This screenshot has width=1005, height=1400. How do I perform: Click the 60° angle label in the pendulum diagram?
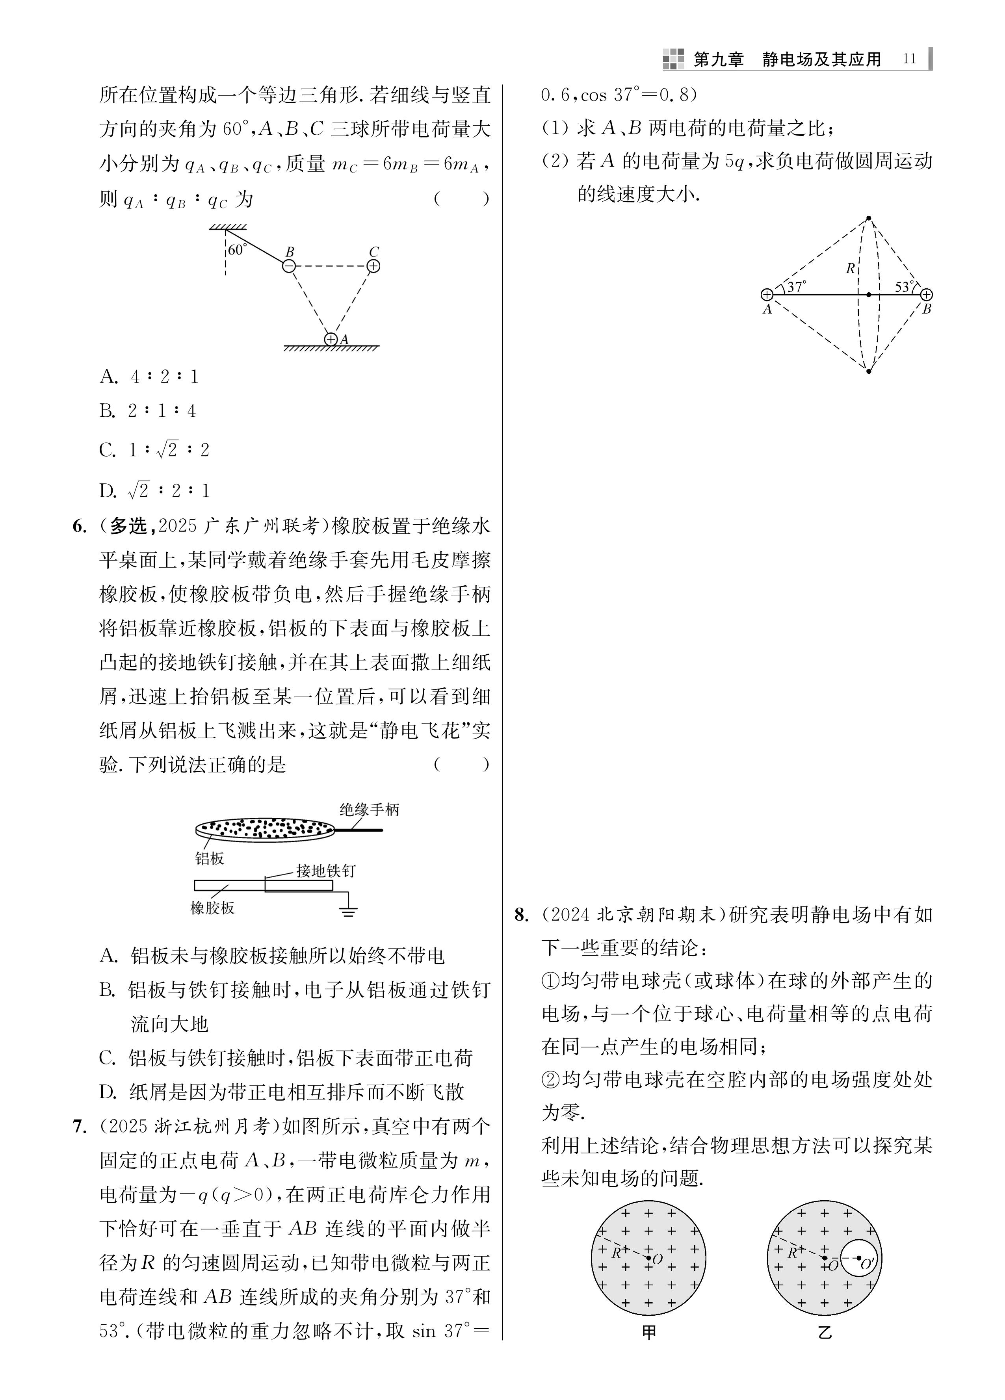point(237,249)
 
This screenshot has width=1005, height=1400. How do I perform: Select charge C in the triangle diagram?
point(373,266)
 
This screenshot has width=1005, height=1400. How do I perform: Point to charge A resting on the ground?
point(331,339)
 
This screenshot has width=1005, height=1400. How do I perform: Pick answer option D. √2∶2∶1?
point(155,491)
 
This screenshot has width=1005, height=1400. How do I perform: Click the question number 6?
point(80,527)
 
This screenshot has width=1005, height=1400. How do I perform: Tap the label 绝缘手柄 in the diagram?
point(369,809)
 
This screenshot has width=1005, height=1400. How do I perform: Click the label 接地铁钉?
point(326,871)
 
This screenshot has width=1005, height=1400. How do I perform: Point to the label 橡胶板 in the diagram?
point(212,908)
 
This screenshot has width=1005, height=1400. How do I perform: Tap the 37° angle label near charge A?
point(796,287)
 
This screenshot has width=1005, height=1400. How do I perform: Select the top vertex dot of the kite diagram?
point(869,218)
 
